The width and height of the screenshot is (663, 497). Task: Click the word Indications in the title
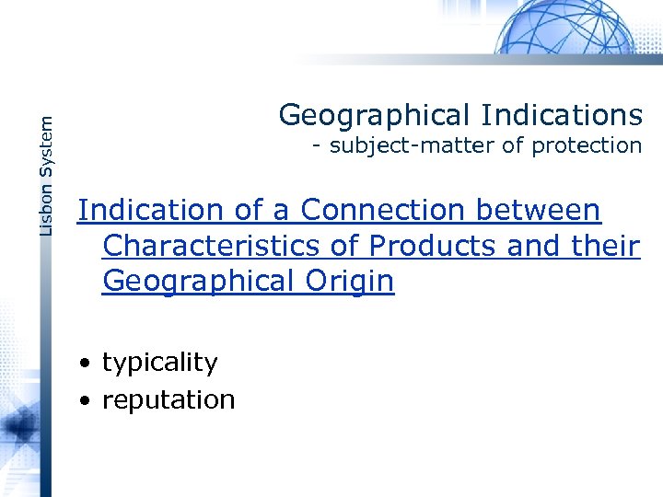pos(560,115)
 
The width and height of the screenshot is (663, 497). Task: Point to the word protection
pos(587,145)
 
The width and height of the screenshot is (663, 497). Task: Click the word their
pos(607,246)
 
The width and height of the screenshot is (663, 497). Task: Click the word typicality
pos(160,364)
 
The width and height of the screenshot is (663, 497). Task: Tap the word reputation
pos(169,400)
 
